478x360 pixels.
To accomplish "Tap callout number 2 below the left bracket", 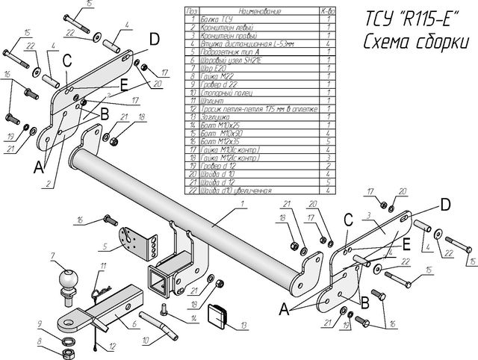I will pyautogui.click(x=47, y=183).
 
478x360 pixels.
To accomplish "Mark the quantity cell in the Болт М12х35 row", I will pyautogui.click(x=328, y=139).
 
